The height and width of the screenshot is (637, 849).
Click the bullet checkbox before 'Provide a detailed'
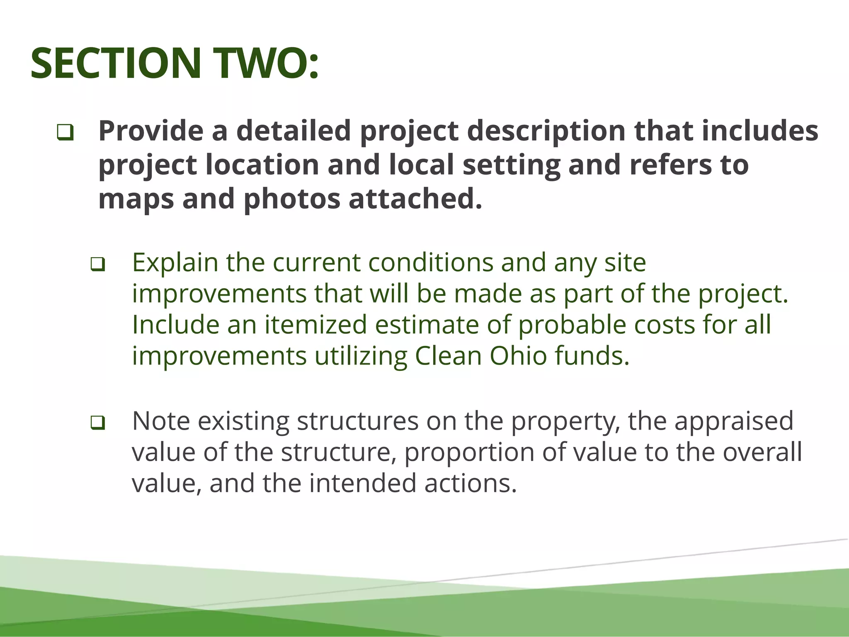65,133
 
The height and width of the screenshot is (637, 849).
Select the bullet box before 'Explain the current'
97,264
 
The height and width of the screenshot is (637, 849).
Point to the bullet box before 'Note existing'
97,423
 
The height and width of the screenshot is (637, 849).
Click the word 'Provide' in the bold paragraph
150,131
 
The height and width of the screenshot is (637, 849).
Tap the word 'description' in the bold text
546,131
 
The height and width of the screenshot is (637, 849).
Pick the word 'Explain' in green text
175,263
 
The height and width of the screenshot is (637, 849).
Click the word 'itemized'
316,324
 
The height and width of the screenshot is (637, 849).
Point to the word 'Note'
161,421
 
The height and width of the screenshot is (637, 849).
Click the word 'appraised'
734,421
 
